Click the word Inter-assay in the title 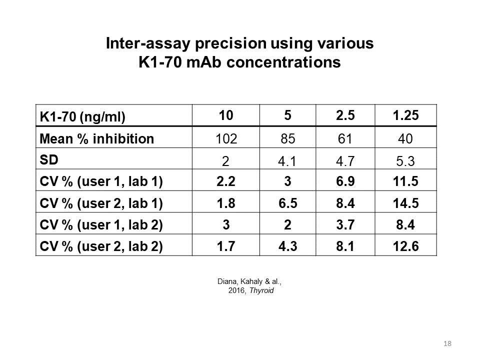(148, 43)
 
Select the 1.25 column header (405, 115)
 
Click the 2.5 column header (345, 115)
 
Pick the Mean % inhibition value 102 (226, 138)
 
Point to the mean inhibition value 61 (345, 138)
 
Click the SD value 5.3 (405, 161)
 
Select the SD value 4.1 (287, 161)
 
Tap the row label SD (49, 160)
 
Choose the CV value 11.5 (405, 181)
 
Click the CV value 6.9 (345, 181)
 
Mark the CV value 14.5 (405, 203)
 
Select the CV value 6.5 (288, 203)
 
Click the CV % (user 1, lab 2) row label (101, 225)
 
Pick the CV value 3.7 (345, 224)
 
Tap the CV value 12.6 (405, 246)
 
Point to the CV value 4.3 (288, 246)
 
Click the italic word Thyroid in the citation (261, 290)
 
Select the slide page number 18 (447, 343)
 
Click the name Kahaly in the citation (251, 281)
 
